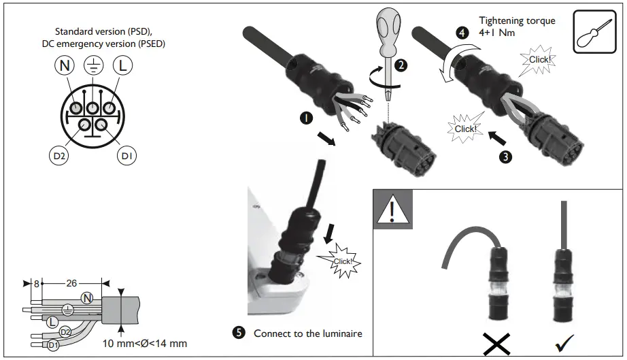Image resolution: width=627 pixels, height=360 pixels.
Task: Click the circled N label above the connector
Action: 64,66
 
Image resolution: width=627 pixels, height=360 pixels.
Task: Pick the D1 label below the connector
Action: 126,156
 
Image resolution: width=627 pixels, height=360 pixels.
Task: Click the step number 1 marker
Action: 307,118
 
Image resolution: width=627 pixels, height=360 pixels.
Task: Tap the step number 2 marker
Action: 401,65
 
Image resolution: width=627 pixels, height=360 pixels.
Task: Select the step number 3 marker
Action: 504,156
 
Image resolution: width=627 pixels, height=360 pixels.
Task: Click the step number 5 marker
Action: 238,333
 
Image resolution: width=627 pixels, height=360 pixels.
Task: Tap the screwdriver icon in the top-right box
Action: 595,32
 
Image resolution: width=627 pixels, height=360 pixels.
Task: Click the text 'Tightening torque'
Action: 517,20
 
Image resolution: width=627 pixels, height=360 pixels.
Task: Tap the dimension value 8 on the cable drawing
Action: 36,283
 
